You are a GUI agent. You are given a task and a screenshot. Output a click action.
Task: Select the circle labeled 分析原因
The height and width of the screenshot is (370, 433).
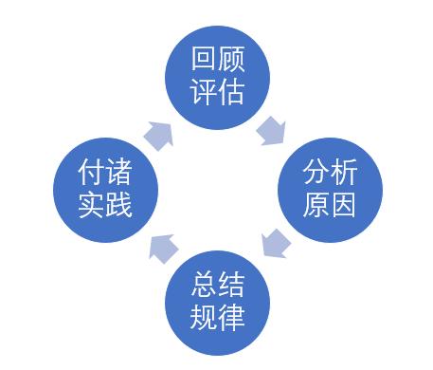[x=329, y=189]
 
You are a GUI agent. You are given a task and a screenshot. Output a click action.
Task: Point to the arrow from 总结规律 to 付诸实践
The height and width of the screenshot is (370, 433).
[x=160, y=246]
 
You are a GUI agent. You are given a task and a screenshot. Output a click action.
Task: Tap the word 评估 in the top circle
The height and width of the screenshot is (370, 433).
[x=218, y=93]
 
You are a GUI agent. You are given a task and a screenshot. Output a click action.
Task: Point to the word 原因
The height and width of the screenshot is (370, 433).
[x=329, y=205]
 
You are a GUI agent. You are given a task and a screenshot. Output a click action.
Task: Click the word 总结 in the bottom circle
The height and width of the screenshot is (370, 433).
[x=218, y=285]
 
